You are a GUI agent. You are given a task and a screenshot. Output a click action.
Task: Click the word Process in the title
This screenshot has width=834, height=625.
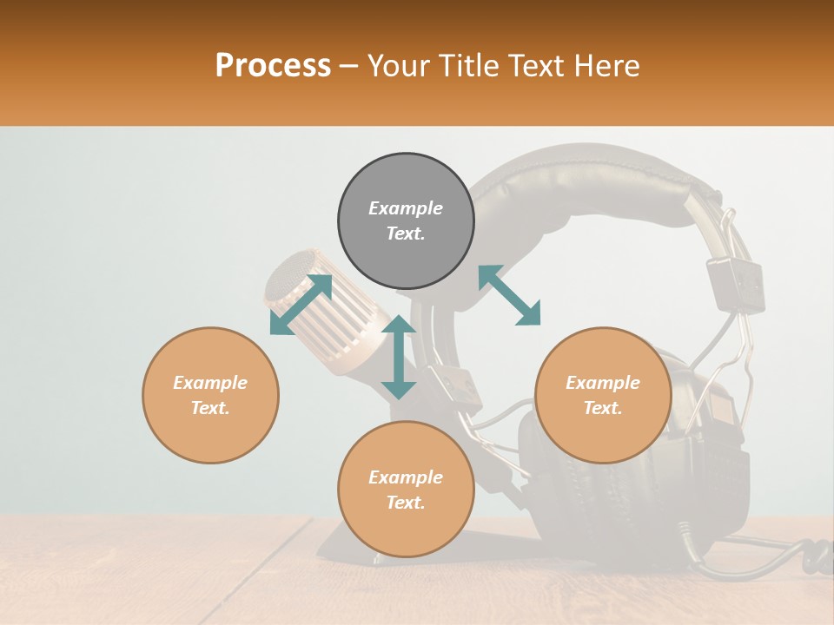pyautogui.click(x=273, y=66)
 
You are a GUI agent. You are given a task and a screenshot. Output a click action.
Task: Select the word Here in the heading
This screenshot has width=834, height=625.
pyautogui.click(x=605, y=66)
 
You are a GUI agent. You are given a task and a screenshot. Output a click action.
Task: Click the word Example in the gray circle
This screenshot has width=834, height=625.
pyautogui.click(x=406, y=208)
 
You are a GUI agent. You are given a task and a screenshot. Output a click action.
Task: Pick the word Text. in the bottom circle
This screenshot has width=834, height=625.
pyautogui.click(x=406, y=503)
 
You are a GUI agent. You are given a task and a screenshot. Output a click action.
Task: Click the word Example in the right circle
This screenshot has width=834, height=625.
pyautogui.click(x=603, y=383)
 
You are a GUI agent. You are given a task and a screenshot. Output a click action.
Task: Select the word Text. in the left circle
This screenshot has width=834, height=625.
pyautogui.click(x=210, y=408)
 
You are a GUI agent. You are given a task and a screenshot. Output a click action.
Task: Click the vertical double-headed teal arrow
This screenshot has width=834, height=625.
pyautogui.click(x=399, y=357)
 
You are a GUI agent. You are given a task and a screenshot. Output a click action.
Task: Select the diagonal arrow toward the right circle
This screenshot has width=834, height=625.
pyautogui.click(x=509, y=295)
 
